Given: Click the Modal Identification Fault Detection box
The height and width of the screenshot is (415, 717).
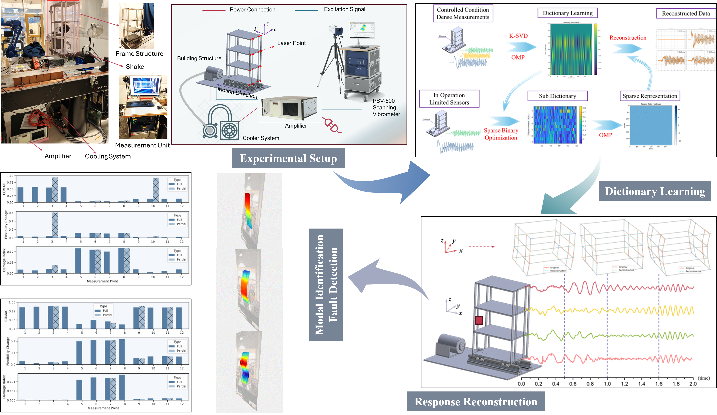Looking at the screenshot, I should coord(326,285).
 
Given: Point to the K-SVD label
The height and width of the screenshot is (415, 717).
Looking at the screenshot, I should coord(518,36).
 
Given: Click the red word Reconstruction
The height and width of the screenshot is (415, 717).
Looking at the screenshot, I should coord(628,38).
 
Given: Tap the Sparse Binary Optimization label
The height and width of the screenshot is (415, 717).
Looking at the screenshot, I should coord(501,134).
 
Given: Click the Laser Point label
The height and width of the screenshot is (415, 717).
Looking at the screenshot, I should coord(291,43).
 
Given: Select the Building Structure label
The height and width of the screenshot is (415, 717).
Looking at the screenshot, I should coord(199,58).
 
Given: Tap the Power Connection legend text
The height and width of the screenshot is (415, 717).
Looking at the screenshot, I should coord(252,10).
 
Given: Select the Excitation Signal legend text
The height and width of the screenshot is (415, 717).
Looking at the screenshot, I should coord(344,9).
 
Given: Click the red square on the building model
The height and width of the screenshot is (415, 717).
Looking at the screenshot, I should coord(479,320).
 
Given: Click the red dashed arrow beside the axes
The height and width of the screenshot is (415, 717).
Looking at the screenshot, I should coord(482,247).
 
